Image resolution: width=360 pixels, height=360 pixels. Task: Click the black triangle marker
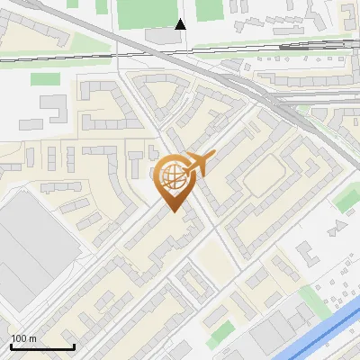180,23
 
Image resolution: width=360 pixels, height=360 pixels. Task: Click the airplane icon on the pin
197,165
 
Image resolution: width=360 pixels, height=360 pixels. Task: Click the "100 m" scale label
23,338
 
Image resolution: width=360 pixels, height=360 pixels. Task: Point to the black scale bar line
42,346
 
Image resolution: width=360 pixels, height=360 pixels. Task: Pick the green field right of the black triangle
209,9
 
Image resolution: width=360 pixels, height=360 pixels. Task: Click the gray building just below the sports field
162,35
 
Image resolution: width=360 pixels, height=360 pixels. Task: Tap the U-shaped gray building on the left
54,109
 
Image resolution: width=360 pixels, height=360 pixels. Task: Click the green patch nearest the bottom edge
220,332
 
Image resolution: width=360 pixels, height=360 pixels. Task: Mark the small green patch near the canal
311,297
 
